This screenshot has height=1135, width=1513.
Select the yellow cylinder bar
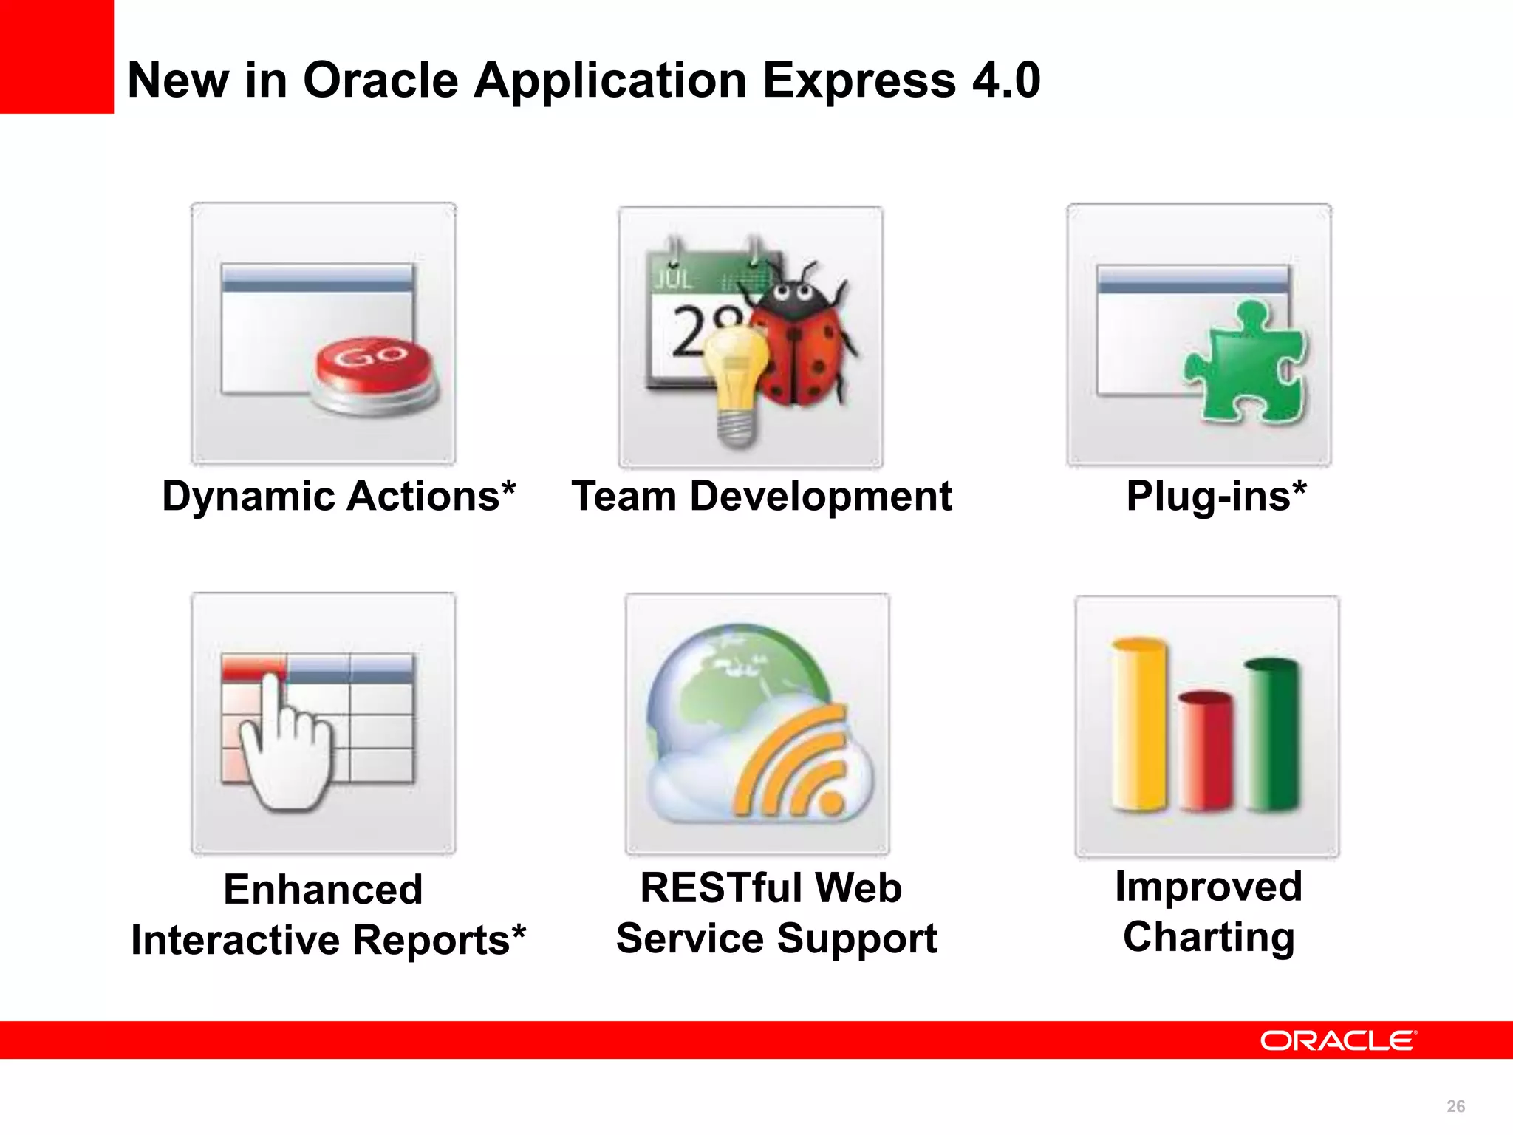1139,724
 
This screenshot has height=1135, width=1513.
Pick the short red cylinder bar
1206,750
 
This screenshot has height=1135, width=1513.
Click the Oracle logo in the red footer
1337,1040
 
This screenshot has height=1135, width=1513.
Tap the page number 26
1455,1106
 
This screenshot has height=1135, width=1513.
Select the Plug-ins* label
1216,497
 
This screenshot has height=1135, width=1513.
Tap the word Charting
1209,937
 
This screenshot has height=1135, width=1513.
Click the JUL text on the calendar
673,279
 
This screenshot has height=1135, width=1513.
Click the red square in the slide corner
56,56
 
